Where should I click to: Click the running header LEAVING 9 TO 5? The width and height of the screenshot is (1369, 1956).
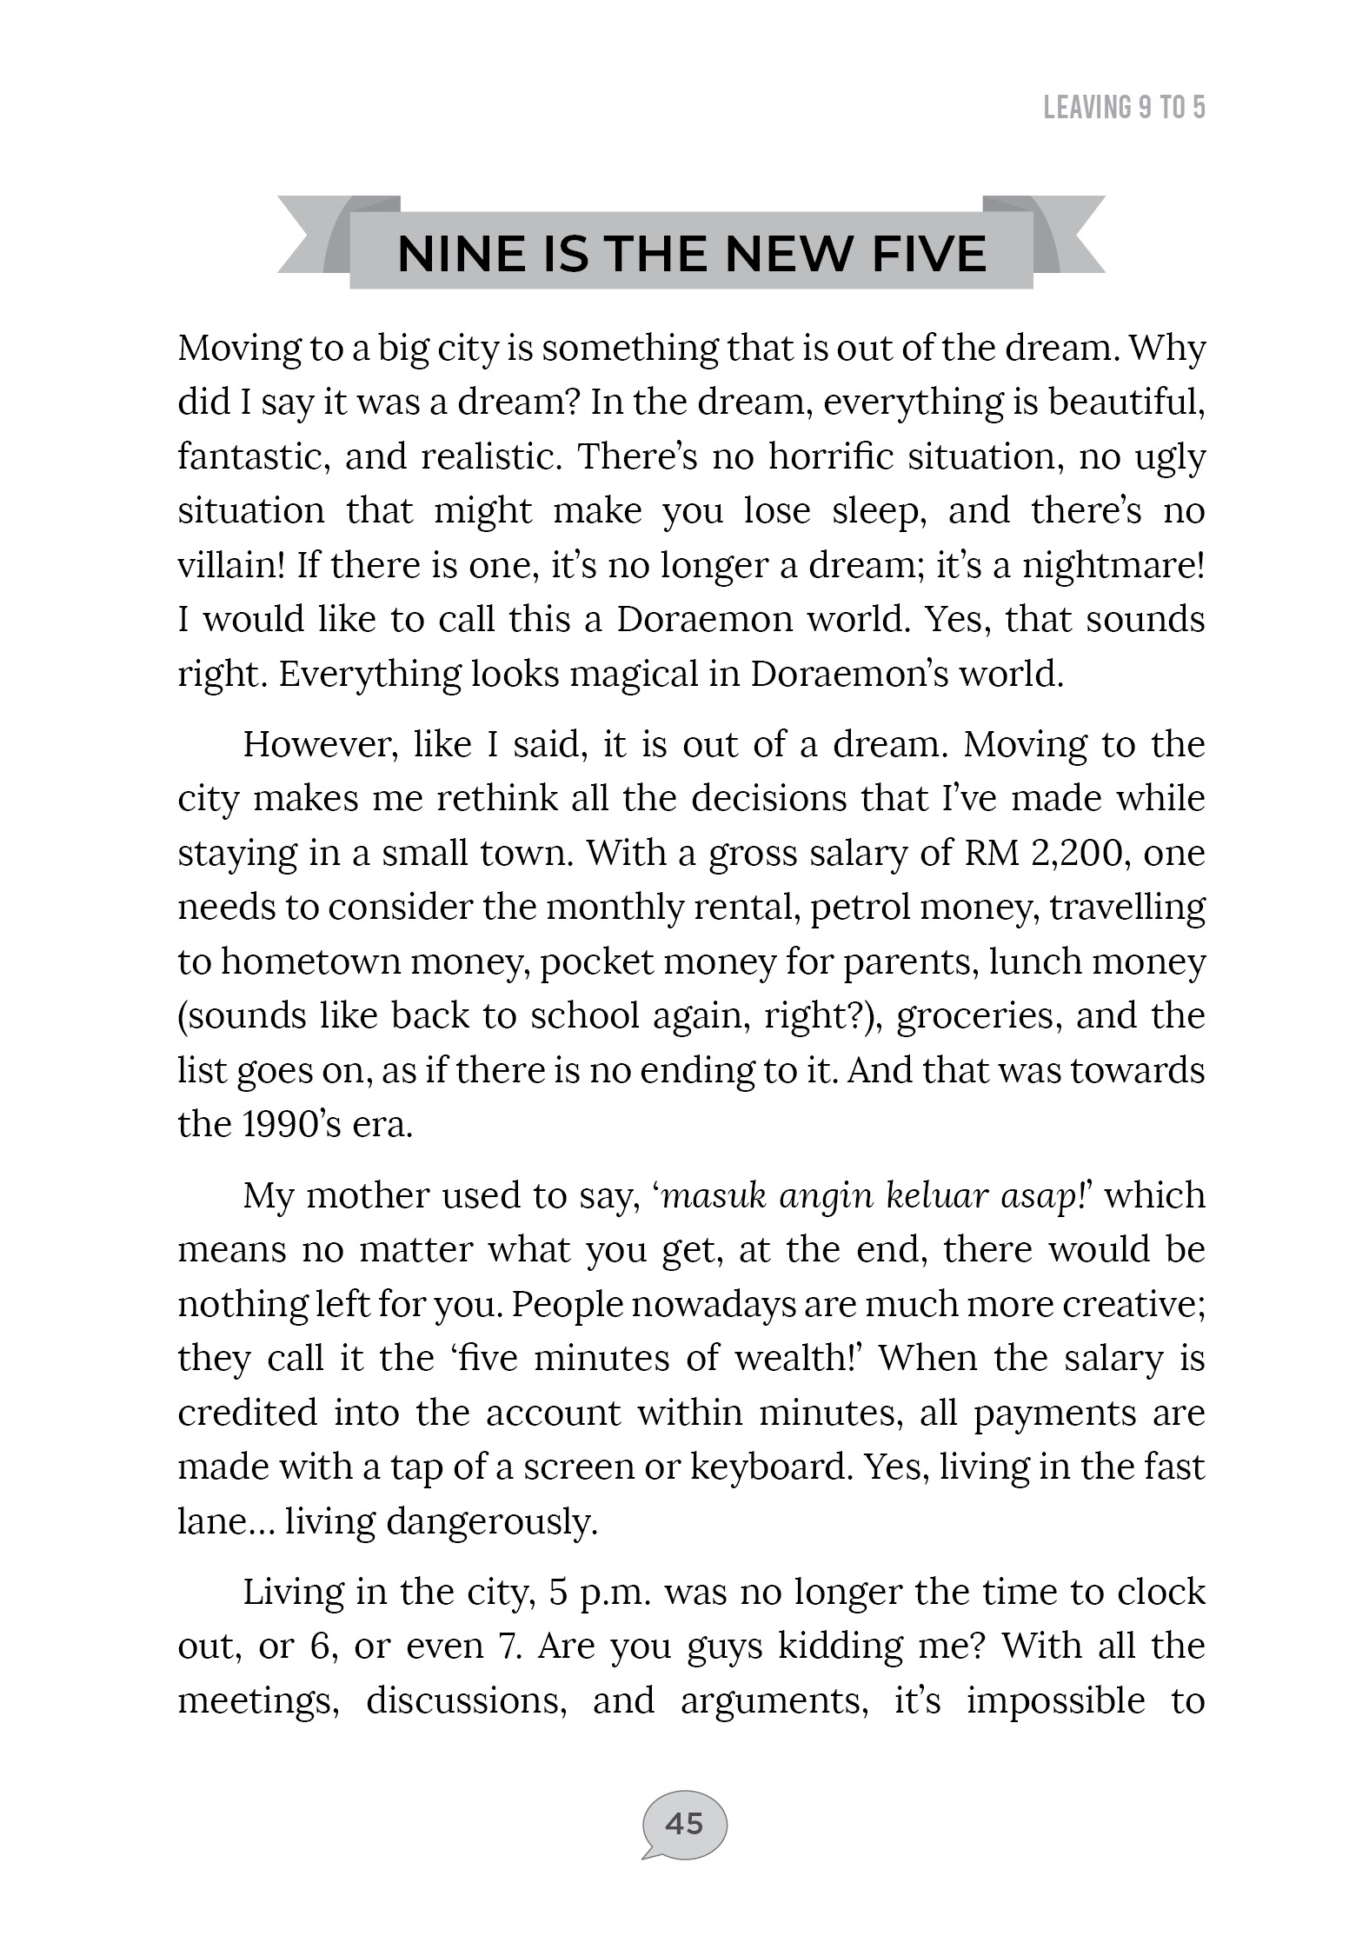click(1123, 108)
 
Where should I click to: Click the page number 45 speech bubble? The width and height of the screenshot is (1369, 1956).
click(684, 1823)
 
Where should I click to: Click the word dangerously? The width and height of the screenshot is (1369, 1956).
click(492, 1521)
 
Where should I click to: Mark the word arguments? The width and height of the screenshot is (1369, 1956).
click(774, 1700)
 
